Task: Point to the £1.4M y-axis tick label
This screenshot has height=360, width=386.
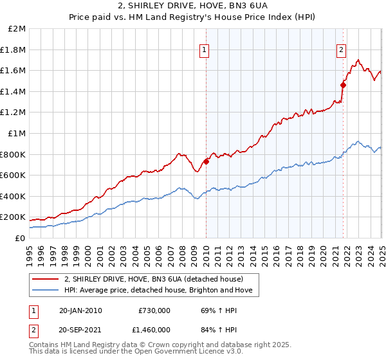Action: click(14, 91)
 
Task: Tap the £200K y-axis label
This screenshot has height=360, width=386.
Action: click(13, 217)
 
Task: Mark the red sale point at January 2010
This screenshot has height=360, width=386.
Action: click(206, 161)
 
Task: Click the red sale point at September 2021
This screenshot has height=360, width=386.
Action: click(343, 84)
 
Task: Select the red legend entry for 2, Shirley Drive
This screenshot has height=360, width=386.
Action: click(154, 280)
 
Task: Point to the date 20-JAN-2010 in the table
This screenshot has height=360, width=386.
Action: click(80, 310)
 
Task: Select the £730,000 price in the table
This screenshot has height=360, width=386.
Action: click(154, 310)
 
